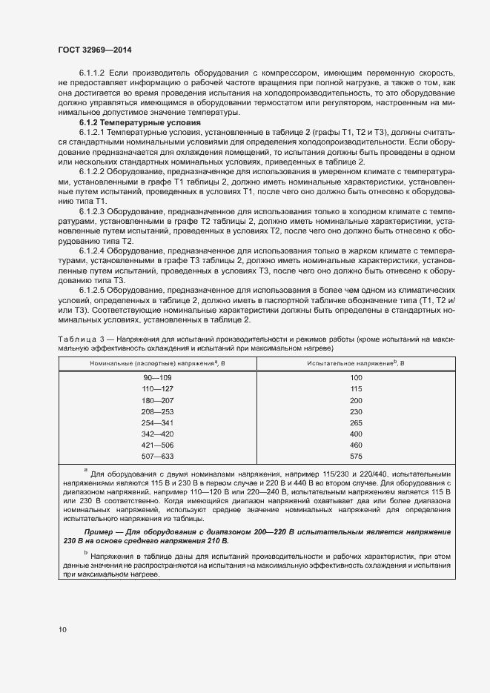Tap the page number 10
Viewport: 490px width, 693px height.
pos(62,630)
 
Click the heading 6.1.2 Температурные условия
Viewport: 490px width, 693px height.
pos(140,122)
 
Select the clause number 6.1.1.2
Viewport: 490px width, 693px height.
pos(93,73)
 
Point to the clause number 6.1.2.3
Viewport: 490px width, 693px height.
pos(93,211)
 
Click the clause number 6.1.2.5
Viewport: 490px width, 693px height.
pos(93,291)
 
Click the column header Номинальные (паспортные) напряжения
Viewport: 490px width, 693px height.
pos(156,362)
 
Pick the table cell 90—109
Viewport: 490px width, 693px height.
pos(156,378)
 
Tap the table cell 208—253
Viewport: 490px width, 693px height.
pos(156,411)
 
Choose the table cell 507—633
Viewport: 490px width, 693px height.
pos(156,456)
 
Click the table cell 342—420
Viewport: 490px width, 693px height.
pos(156,434)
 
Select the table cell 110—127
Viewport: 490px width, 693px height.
pos(156,389)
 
